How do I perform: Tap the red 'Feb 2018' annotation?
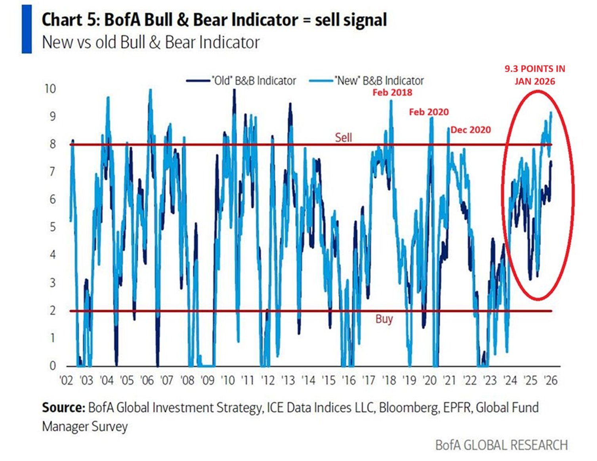[392, 93]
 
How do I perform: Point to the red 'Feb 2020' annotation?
[429, 112]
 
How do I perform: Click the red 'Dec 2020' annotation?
[471, 130]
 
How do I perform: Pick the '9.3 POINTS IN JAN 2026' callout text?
[535, 75]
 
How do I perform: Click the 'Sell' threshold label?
[343, 137]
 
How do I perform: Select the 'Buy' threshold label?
[384, 319]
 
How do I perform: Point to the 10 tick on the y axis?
[50, 89]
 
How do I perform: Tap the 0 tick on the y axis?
[52, 366]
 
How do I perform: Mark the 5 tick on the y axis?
[52, 227]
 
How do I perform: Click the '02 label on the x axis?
[66, 381]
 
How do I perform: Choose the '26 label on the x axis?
[550, 381]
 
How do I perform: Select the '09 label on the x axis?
[207, 381]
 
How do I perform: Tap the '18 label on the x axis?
[389, 381]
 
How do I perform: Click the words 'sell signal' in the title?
[351, 20]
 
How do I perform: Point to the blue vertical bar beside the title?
[27, 29]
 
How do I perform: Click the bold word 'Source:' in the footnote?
[63, 408]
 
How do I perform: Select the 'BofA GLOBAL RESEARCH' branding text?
[501, 445]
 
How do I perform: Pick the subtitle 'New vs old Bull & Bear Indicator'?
[151, 42]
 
